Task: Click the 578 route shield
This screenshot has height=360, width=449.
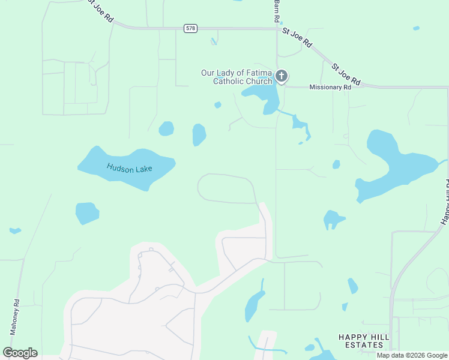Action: coord(190,28)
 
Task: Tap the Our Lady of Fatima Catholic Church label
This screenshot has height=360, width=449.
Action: coord(237,77)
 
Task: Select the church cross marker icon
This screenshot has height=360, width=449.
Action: coord(282,76)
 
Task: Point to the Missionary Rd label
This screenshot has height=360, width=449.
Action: coord(330,87)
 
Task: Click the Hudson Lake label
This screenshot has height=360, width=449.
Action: coord(130,169)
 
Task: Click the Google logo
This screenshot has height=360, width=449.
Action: coord(20,352)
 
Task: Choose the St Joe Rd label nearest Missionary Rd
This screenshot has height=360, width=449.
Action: coord(346,73)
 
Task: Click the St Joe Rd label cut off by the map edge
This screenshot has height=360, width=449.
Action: coord(100,10)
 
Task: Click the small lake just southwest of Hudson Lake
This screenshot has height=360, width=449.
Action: coord(86,213)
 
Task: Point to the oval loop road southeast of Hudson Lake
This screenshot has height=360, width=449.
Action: coord(226,188)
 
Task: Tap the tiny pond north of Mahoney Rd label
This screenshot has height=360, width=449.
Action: coord(15,230)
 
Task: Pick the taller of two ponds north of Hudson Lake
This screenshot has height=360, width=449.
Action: coord(199,134)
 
